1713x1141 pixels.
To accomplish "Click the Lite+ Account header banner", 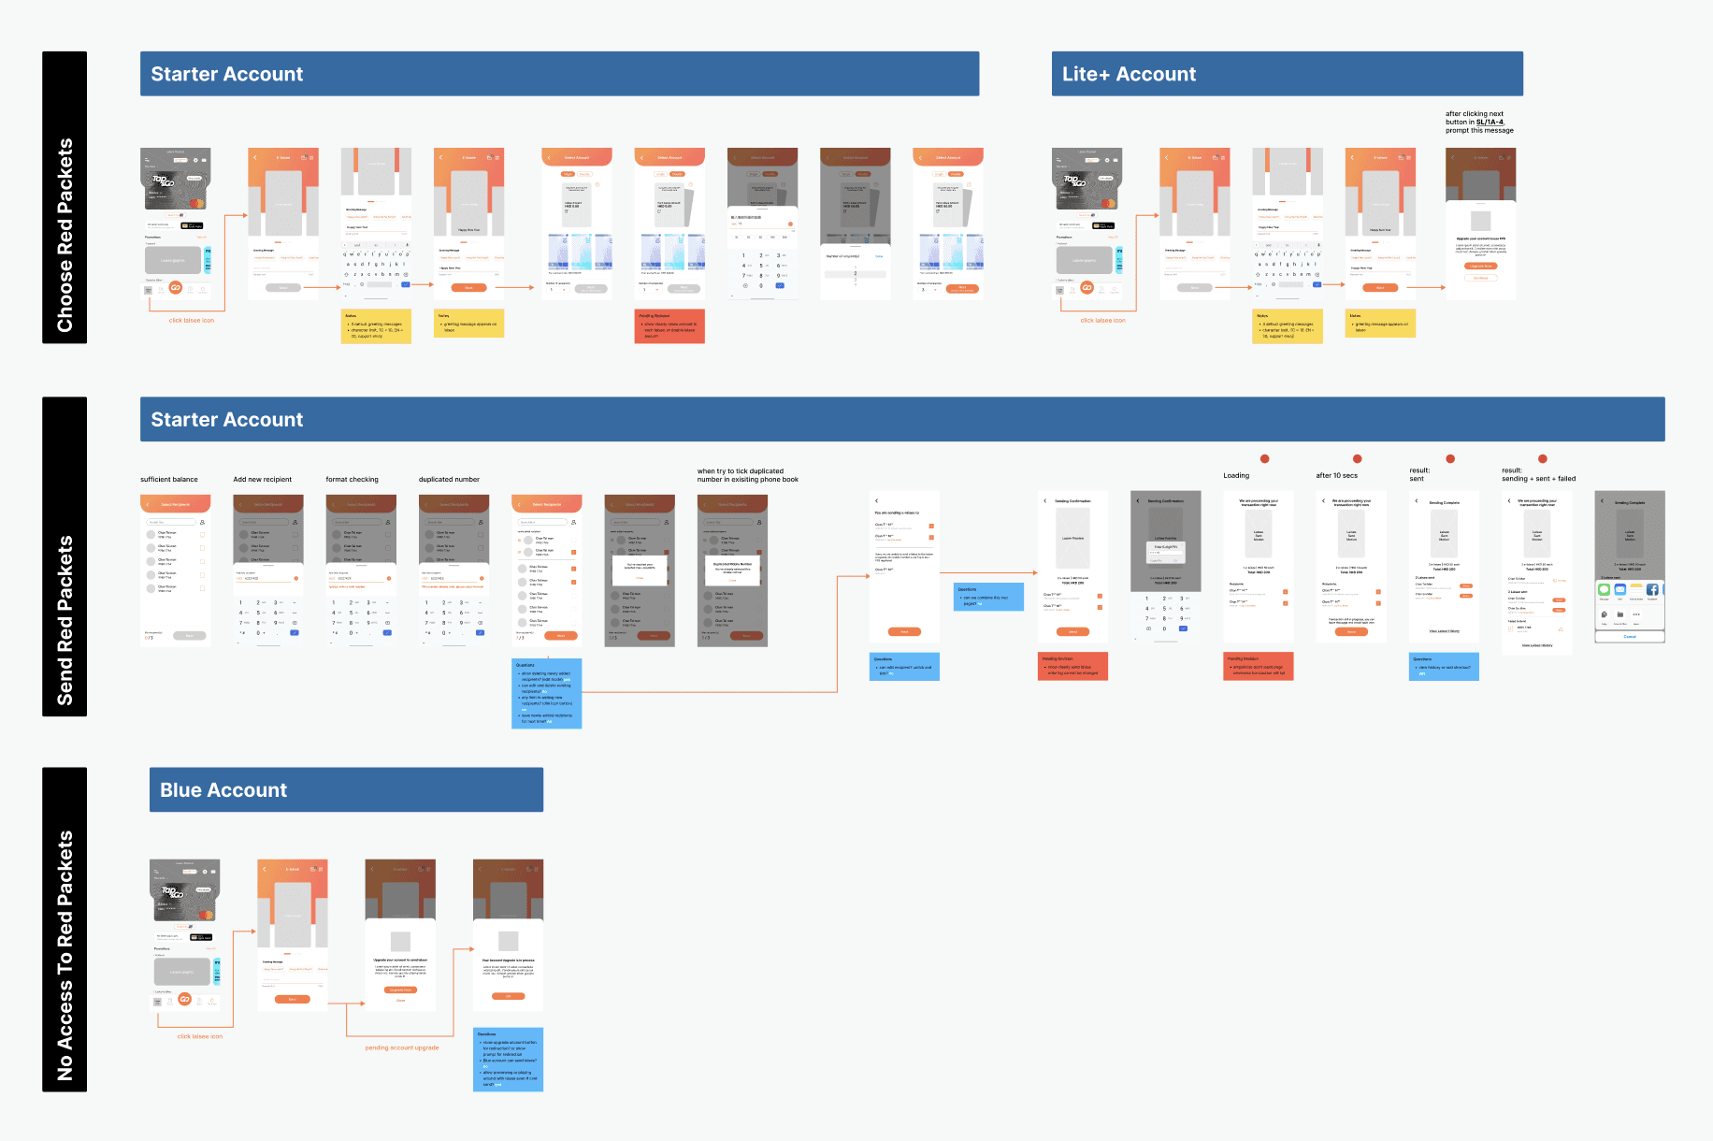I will [x=1287, y=74].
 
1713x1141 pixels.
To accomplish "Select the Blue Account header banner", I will [x=346, y=790].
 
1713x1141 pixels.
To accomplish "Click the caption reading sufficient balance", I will [x=169, y=480].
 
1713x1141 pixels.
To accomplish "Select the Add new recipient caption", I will [x=263, y=480].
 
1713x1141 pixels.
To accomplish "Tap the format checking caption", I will [x=353, y=480].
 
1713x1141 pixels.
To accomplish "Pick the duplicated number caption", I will [x=449, y=480].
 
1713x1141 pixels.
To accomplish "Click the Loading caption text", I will [x=1236, y=476].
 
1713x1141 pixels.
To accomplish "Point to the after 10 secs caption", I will [x=1337, y=476].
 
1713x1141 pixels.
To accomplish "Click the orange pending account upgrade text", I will [x=402, y=1047].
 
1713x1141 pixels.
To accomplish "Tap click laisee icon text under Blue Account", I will [x=200, y=1036].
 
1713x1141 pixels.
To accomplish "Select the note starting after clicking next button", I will [x=1479, y=123].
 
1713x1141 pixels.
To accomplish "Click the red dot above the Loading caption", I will [x=1265, y=458].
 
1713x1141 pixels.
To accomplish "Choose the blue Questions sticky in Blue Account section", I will [x=509, y=1060].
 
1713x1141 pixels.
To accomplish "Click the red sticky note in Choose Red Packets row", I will [x=669, y=326].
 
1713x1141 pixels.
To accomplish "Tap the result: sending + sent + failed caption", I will [x=1538, y=475].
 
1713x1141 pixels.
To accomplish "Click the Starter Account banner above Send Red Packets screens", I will [x=902, y=420].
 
